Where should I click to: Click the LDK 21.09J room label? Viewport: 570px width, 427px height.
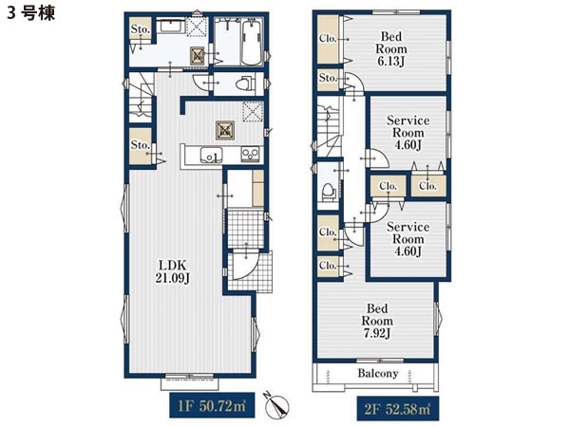(172, 270)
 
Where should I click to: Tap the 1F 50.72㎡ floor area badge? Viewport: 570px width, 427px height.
(212, 406)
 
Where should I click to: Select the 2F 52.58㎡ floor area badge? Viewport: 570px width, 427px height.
(397, 409)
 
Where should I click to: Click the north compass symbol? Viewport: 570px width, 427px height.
(278, 405)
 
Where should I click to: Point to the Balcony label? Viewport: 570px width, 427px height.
(378, 373)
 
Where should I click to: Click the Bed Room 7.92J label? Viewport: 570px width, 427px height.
(377, 321)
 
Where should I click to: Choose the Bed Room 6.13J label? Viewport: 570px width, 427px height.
(391, 49)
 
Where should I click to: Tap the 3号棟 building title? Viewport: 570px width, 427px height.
(31, 13)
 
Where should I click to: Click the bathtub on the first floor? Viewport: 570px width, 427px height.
(252, 42)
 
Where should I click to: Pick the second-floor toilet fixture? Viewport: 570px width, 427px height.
(329, 191)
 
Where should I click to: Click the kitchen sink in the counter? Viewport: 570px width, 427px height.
(211, 155)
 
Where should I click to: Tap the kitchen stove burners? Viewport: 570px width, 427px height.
(251, 155)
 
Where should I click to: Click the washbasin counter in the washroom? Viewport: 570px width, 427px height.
(170, 27)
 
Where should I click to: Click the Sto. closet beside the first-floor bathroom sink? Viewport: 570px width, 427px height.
(141, 28)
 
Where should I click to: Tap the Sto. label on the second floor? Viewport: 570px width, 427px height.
(329, 78)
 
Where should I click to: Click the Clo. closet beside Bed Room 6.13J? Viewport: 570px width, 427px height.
(329, 39)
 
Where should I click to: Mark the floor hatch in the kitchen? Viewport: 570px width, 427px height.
(224, 130)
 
